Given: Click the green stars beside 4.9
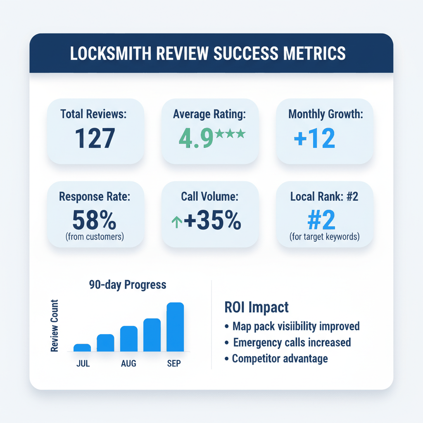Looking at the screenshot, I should [230, 133].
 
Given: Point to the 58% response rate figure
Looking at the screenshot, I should [95, 220].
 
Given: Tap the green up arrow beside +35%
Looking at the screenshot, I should [176, 223].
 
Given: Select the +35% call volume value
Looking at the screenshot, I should [212, 221].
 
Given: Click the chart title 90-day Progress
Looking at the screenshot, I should [127, 285].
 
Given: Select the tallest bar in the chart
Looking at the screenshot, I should [175, 327].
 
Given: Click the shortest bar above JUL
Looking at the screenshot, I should [82, 347].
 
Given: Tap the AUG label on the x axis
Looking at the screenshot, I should [128, 364].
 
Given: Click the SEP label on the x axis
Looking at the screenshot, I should [173, 364].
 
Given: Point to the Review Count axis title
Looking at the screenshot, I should [55, 326].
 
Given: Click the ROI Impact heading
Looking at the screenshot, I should [257, 307].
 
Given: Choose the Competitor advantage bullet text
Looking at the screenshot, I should [280, 358].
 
